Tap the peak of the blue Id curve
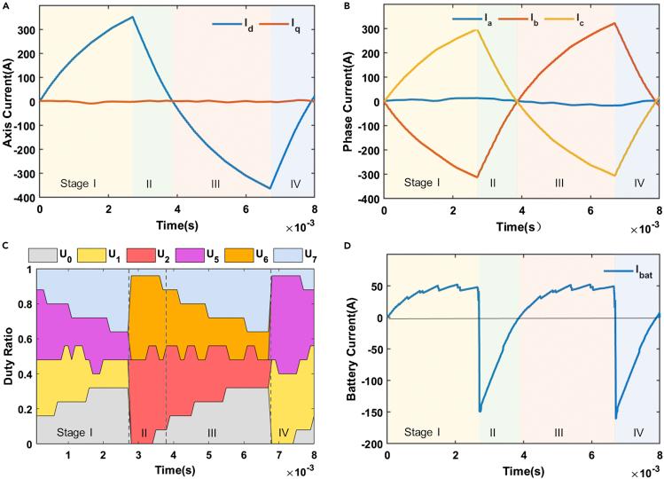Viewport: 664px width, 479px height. point(132,17)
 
